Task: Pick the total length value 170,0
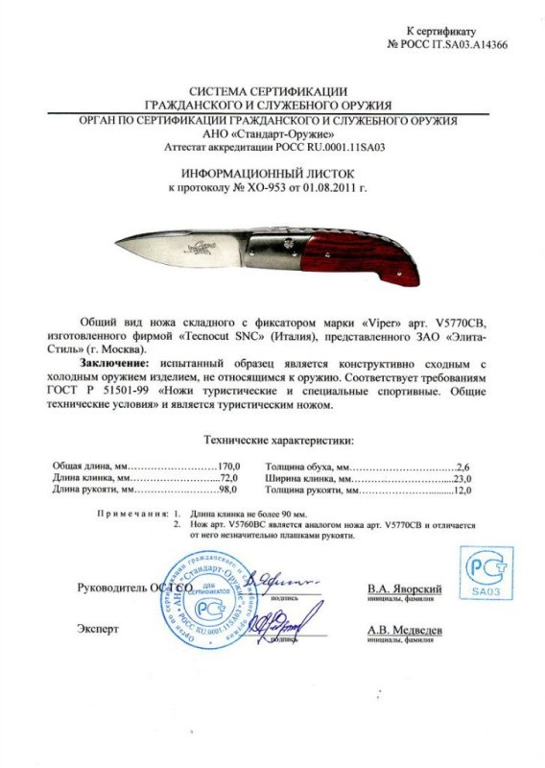(223, 465)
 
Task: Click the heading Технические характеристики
(279, 440)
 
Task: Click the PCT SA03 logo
(486, 573)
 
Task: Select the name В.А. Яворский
(404, 588)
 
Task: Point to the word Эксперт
(98, 630)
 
